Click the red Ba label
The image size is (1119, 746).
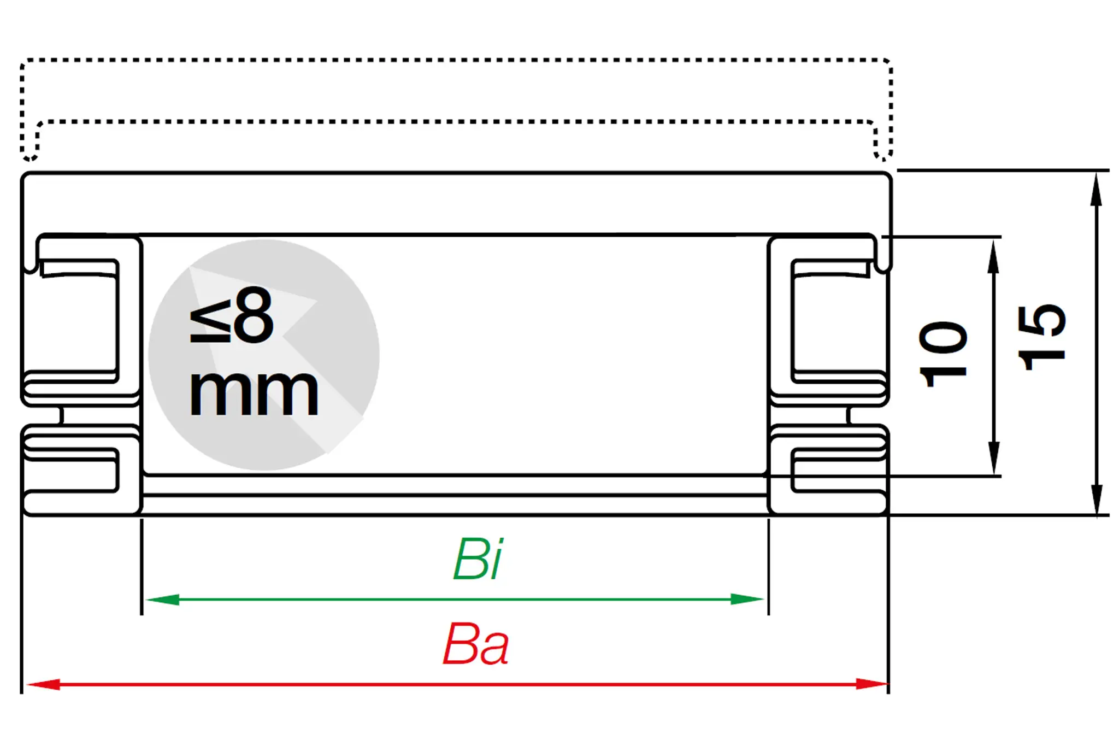pyautogui.click(x=475, y=645)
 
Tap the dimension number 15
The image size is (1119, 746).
pyautogui.click(x=1041, y=337)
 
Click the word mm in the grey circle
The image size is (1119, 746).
pyautogui.click(x=254, y=392)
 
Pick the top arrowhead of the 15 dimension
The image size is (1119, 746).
pyautogui.click(x=1096, y=189)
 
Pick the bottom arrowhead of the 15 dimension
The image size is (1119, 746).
pyautogui.click(x=1096, y=498)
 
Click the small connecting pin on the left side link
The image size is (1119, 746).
pyautogui.click(x=61, y=415)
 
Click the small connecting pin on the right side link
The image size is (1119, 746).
pyautogui.click(x=849, y=415)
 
